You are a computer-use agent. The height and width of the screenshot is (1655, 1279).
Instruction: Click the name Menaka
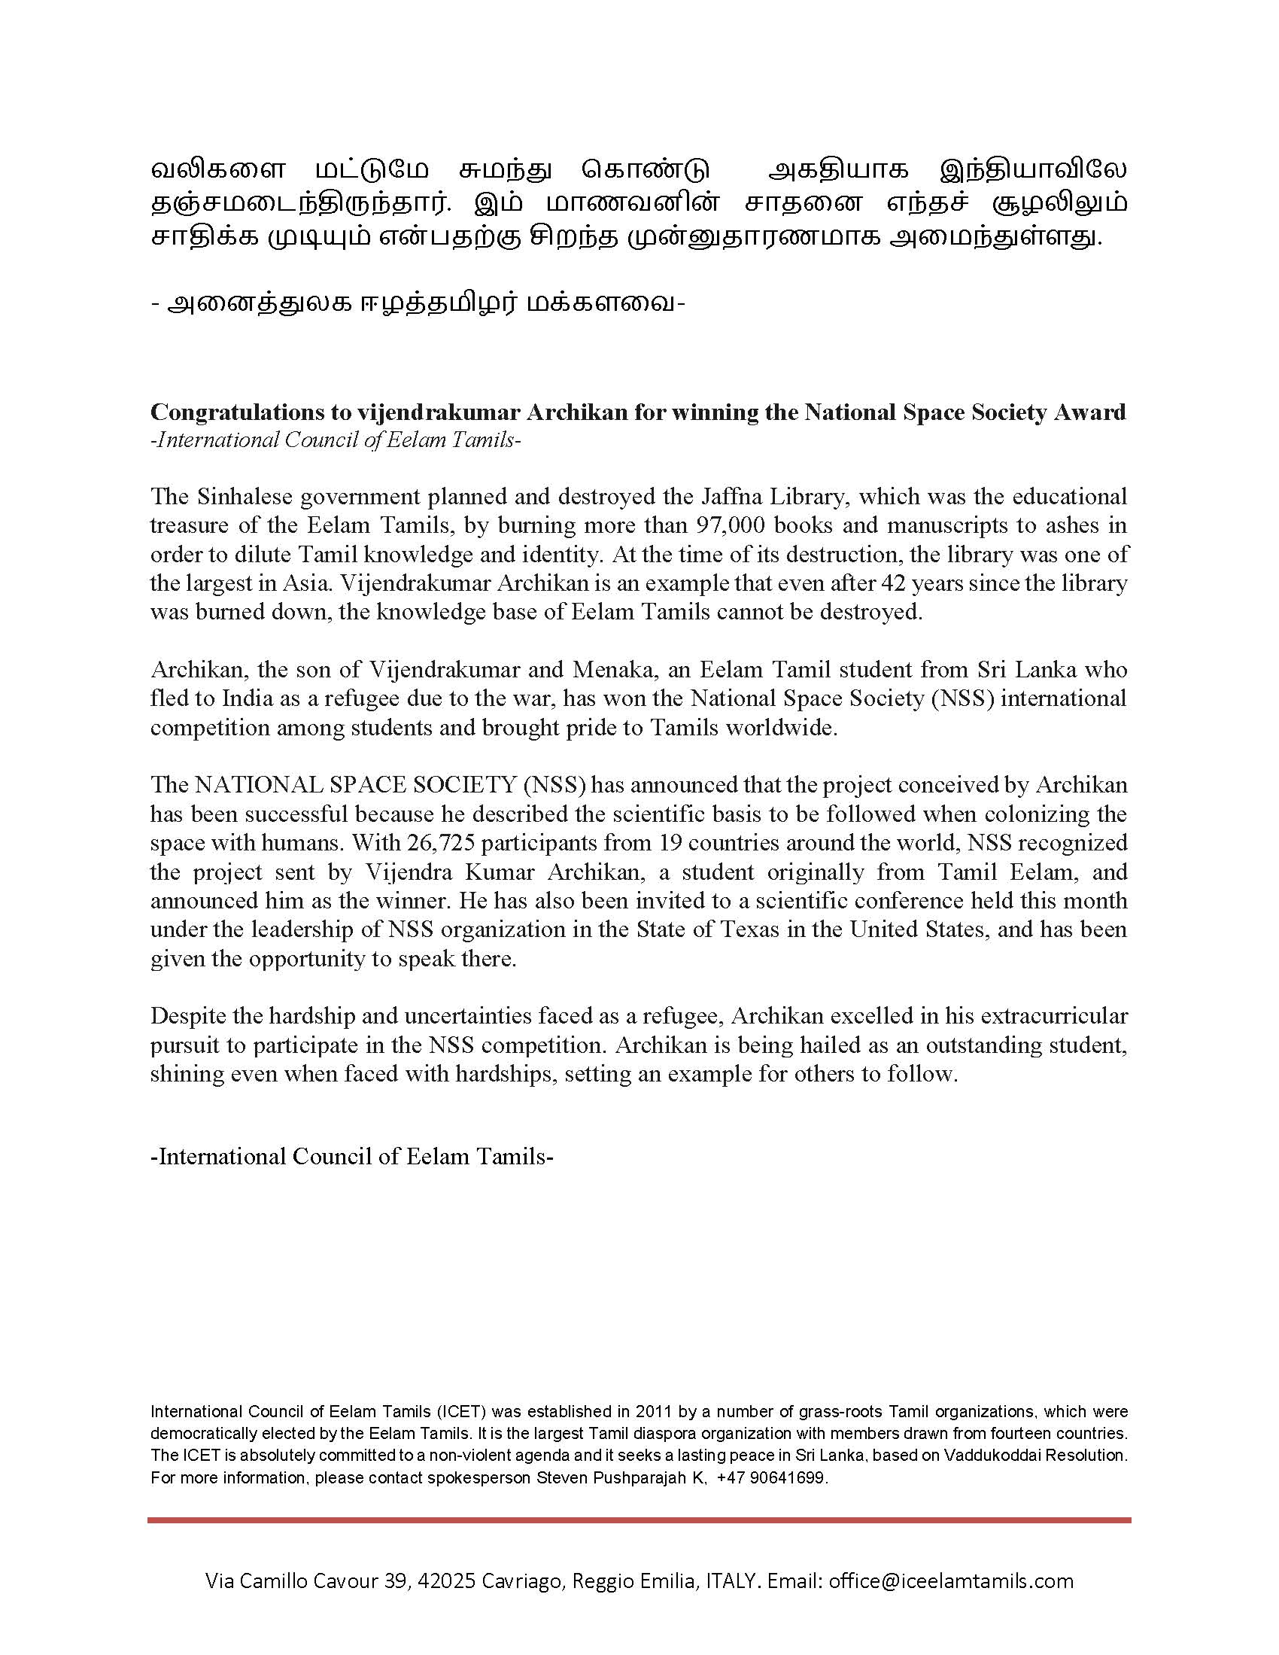coord(612,670)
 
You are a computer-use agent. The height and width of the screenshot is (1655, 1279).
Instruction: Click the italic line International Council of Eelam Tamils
coord(336,440)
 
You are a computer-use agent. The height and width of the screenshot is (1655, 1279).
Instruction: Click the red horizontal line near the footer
coord(639,1520)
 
